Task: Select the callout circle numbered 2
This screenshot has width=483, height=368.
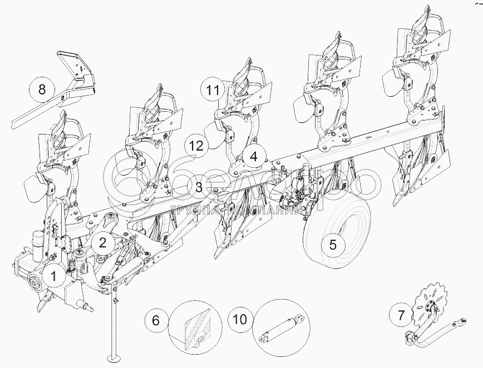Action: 102,242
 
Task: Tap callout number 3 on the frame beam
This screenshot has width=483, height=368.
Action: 199,186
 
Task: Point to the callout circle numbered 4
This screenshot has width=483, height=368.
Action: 253,157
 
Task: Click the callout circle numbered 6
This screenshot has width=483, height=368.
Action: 156,320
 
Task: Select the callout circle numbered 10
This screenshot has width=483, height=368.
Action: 240,320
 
